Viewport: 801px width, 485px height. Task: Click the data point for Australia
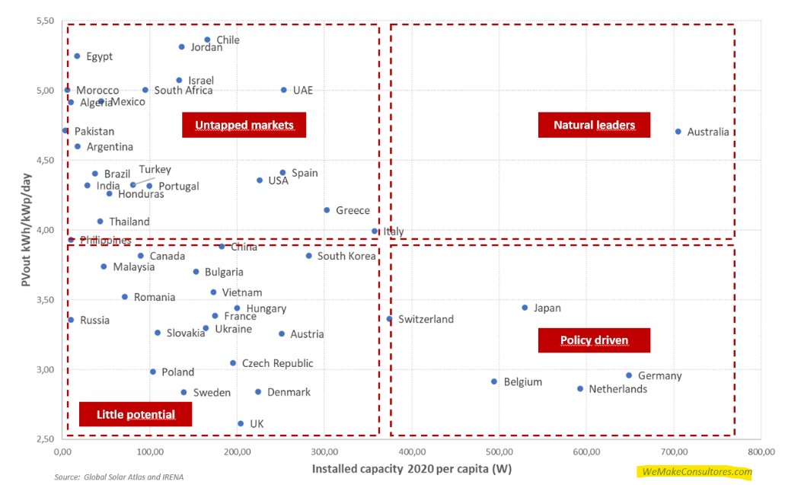click(x=678, y=132)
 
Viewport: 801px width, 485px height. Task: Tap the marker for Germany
click(x=629, y=375)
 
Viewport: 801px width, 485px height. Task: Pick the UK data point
click(x=241, y=423)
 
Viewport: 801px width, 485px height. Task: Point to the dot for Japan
click(x=525, y=308)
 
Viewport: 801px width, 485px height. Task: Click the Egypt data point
click(x=77, y=56)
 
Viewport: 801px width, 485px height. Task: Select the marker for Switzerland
click(x=390, y=319)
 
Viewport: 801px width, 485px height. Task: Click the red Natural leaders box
click(x=594, y=125)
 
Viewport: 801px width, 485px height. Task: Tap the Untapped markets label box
click(x=244, y=125)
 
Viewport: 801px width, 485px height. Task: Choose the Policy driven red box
click(x=594, y=340)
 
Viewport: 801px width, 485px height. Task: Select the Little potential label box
click(x=136, y=414)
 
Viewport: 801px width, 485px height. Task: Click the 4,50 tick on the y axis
click(x=43, y=160)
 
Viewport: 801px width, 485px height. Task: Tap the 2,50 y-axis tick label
click(x=43, y=439)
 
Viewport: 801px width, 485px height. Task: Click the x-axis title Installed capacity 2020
click(x=411, y=468)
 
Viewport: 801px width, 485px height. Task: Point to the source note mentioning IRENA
click(x=120, y=477)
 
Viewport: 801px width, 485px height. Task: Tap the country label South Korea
click(x=346, y=257)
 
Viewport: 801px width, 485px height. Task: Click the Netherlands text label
click(x=618, y=389)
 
